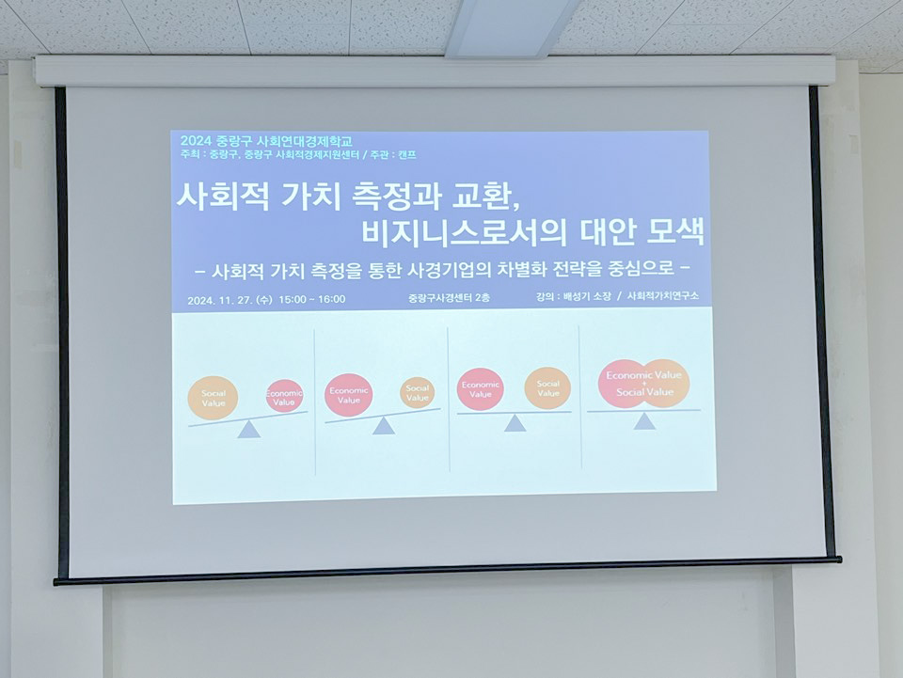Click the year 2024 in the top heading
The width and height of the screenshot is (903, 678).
pos(197,141)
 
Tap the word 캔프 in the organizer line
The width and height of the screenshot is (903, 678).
pos(407,155)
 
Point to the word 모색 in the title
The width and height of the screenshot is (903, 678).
pos(675,231)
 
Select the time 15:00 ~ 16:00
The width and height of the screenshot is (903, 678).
pos(312,299)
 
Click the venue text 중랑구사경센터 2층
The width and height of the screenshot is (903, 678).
pos(449,297)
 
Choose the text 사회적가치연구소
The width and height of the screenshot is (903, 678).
pos(662,296)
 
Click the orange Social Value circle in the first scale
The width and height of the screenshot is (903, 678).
pos(213,398)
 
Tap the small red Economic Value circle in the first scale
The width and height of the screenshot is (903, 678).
pos(284,396)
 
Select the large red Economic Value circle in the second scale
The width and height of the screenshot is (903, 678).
pos(348,395)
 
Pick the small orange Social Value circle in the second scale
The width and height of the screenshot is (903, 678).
pos(418,392)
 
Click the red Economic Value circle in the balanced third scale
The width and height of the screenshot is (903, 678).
pos(481,389)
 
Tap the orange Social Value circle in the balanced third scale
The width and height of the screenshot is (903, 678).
pos(547,388)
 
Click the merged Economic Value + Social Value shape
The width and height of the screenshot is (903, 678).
pos(643,384)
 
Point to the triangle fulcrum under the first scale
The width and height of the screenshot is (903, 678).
pos(249,430)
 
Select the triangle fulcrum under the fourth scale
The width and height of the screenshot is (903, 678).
pos(644,420)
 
